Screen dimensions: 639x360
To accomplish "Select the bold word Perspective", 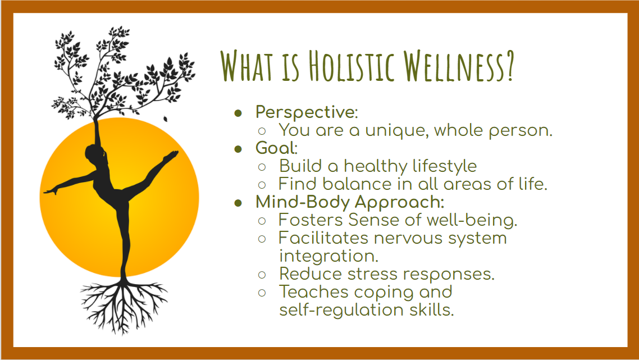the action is pos(305,112).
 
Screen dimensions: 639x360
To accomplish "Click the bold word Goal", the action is pos(275,148).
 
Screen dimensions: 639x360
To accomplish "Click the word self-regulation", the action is pos(341,310).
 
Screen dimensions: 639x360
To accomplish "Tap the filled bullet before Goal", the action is pos(239,149).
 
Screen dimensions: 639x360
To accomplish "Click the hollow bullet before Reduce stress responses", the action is pos(262,275).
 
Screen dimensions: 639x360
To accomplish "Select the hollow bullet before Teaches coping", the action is pos(262,293).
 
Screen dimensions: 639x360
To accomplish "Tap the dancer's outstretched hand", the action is pos(51,191).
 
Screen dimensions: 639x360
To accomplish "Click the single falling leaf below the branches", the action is pos(166,119).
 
